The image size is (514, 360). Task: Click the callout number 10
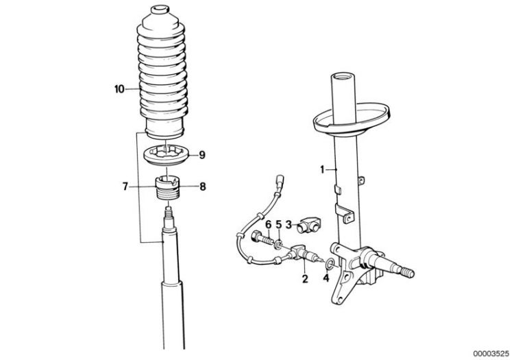pos(119,89)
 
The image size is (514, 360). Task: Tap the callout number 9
pos(202,154)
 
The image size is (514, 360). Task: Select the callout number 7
pos(125,187)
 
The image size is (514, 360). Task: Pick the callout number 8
pos(203,187)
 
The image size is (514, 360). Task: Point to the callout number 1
pos(322,169)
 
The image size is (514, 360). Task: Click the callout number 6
pos(268,225)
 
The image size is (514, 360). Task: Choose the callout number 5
pos(279,225)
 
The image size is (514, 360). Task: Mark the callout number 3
pos(289,225)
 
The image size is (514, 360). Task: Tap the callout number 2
pos(305,278)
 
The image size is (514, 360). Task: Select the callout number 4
pos(326,278)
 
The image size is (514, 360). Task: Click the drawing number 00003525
pos(491,353)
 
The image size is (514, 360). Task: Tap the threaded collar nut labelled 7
pos(167,187)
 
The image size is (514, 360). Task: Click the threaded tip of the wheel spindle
pos(407,272)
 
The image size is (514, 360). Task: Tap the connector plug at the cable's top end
pos(280,180)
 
